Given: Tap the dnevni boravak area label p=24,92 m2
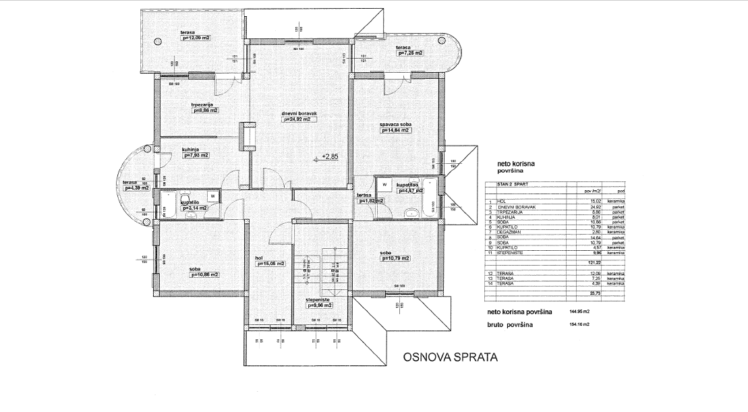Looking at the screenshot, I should point(296,120).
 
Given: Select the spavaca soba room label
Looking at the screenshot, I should point(396,125).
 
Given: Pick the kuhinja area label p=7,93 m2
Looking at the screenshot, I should point(195,155).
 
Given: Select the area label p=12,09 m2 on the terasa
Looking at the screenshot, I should point(196,38).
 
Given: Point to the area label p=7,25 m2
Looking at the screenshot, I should point(410,53).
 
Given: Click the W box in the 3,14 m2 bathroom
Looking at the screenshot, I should point(212,197).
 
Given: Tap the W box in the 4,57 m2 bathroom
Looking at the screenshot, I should point(384,183).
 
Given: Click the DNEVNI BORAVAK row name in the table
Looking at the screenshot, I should point(517,206).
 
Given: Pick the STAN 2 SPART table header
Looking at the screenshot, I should point(513,183).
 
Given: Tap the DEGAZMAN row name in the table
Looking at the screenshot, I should point(510,232).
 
